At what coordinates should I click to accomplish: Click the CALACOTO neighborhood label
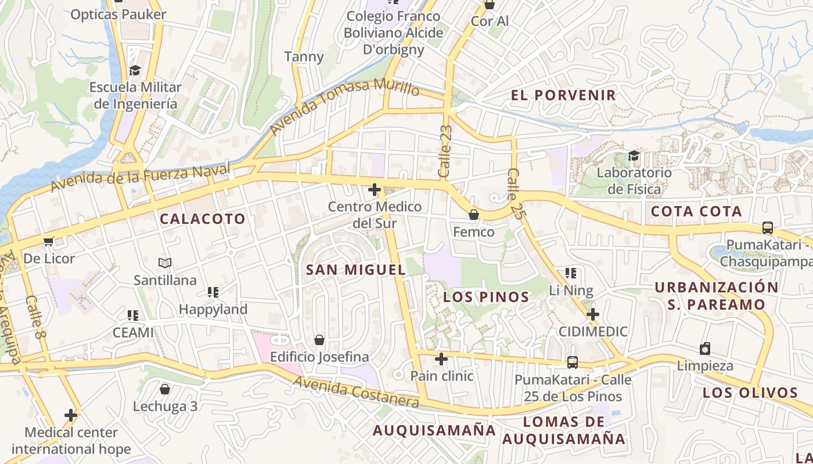(203, 219)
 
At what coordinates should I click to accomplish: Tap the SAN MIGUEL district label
(355, 270)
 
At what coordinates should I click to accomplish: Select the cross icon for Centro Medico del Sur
(375, 190)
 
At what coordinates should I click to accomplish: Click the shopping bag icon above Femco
(474, 215)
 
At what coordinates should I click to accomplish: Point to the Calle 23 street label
(445, 151)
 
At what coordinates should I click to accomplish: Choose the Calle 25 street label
(514, 193)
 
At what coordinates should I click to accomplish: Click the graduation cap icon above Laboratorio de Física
(634, 155)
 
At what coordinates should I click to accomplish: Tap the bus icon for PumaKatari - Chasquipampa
(768, 228)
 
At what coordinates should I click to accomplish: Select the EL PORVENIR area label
(563, 96)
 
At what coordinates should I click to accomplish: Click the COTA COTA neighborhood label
(696, 212)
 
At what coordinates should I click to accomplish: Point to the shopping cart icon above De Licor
(48, 241)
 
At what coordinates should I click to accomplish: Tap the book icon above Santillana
(165, 263)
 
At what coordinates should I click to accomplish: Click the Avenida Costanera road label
(355, 391)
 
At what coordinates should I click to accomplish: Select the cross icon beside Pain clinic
(441, 359)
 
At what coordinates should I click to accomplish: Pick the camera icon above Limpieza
(705, 349)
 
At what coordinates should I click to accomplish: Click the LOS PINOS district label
(486, 298)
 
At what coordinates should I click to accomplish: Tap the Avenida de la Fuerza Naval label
(141, 178)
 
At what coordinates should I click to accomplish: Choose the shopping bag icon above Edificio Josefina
(319, 340)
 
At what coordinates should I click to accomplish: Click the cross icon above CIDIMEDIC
(593, 314)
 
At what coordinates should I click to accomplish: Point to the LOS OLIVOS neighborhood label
(750, 393)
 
